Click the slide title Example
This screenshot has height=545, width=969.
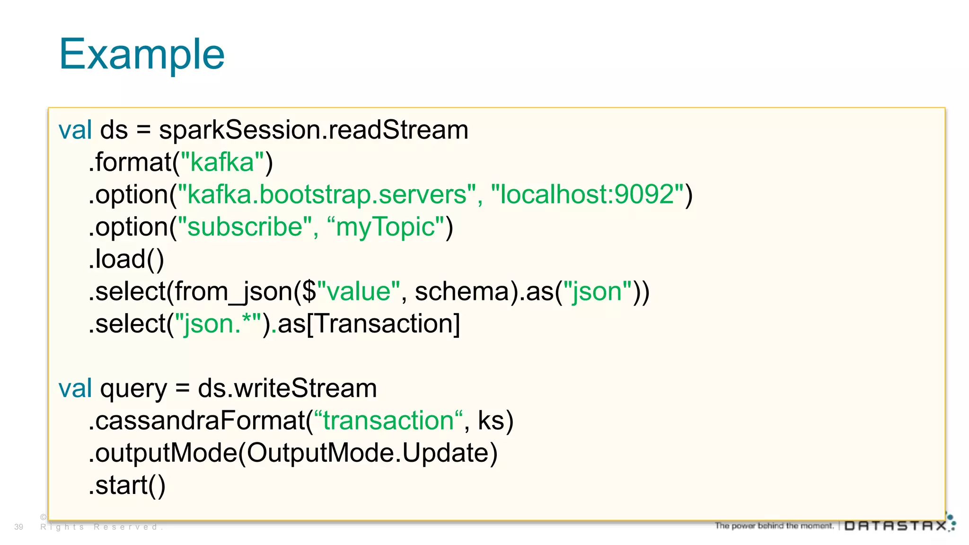click(x=141, y=54)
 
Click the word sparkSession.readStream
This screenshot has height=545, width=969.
click(x=313, y=130)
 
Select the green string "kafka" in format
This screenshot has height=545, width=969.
click(x=222, y=162)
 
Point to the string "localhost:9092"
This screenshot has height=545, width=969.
click(x=587, y=194)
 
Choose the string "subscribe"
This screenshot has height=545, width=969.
click(x=245, y=227)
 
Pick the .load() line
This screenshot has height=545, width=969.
click(x=126, y=259)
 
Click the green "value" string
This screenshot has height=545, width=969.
click(x=359, y=291)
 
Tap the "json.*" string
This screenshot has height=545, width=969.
click(x=218, y=324)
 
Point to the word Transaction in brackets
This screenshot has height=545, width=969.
click(x=384, y=324)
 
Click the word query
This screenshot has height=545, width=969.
click(x=133, y=389)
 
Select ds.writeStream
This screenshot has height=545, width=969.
click(x=287, y=388)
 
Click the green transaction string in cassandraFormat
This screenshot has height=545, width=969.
click(x=388, y=421)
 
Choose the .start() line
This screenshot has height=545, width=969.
click(x=127, y=485)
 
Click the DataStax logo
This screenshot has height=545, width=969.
click(x=899, y=525)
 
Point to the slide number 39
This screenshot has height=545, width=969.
click(x=19, y=527)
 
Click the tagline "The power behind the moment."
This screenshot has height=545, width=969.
click(x=774, y=526)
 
